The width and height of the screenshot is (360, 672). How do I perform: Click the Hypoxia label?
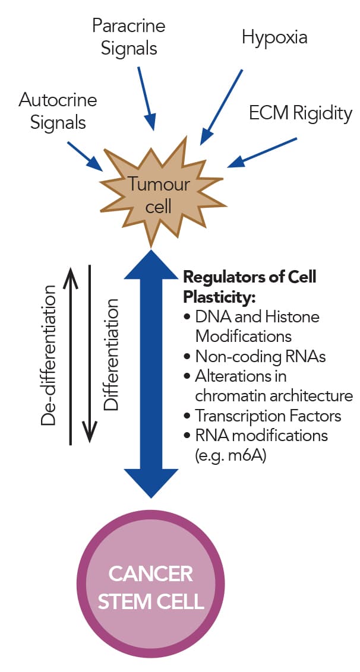[274, 37]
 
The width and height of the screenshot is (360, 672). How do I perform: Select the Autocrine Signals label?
[57, 110]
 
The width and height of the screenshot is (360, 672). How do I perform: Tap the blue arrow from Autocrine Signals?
[86, 156]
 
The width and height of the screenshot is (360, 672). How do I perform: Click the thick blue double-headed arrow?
[152, 374]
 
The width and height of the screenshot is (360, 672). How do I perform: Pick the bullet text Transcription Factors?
[268, 416]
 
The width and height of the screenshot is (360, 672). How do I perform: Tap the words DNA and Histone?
[257, 316]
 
